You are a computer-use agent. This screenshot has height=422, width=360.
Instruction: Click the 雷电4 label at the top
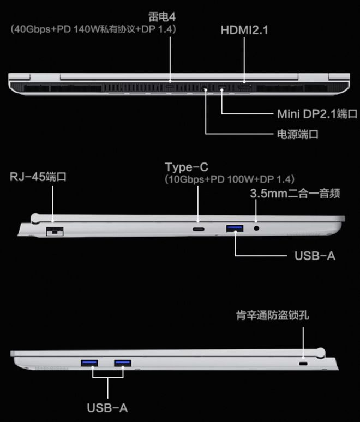tap(162, 17)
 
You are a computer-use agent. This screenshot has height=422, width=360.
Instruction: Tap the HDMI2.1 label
tap(244, 30)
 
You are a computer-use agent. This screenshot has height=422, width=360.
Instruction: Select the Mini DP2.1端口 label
tap(317, 114)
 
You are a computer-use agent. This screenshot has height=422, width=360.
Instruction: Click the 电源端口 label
tap(298, 134)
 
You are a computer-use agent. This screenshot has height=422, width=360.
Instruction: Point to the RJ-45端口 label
tap(38, 177)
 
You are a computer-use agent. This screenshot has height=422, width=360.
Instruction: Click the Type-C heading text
tap(187, 167)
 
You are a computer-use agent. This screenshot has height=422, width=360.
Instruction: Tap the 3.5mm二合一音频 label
tap(295, 193)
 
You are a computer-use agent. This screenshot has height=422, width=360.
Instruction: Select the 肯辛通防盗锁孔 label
tap(273, 315)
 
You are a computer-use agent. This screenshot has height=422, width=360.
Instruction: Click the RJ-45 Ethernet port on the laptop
tap(55, 231)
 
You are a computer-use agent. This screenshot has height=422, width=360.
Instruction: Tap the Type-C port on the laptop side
tap(199, 230)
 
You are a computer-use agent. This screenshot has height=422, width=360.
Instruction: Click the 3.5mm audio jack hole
tap(256, 228)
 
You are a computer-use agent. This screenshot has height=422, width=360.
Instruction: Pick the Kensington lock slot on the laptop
tap(303, 364)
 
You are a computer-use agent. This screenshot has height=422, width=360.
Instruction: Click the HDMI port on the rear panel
tap(244, 87)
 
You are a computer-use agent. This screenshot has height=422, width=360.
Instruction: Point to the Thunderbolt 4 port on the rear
tap(170, 87)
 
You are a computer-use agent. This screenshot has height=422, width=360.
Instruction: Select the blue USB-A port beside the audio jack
tap(235, 228)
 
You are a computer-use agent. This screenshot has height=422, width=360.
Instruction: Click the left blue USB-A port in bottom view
tap(89, 363)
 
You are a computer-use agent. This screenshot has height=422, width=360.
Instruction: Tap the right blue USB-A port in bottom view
tap(123, 363)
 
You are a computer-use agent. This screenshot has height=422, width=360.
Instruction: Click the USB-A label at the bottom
tap(107, 408)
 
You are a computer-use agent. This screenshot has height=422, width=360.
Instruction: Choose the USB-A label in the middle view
tap(315, 256)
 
